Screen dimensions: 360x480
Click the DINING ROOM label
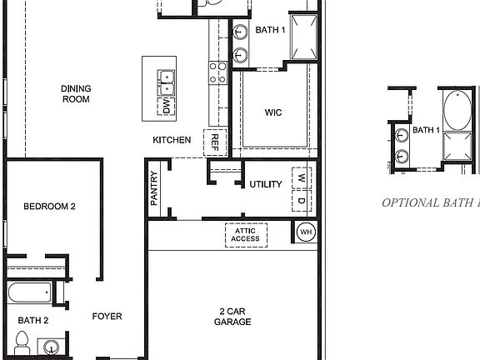75,93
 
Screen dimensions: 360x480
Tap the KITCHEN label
172,140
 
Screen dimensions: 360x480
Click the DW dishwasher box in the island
167,107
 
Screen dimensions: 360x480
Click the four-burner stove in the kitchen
217,73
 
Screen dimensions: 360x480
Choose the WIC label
274,112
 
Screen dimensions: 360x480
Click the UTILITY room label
265,184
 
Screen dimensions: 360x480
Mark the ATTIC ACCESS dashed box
246,235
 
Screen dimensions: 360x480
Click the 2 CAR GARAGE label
233,316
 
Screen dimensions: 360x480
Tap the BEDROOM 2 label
49,207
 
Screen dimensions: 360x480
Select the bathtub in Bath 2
31,293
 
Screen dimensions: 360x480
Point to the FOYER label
107,316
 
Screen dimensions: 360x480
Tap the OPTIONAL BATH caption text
430,202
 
